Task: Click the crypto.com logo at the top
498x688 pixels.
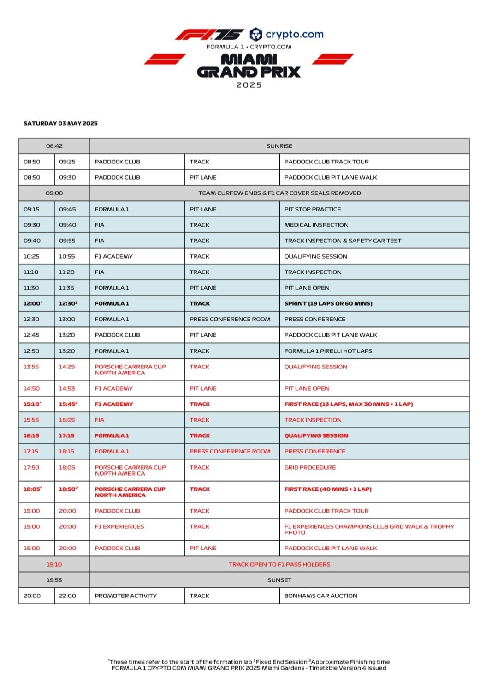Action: [287, 34]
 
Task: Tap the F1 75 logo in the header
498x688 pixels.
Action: [209, 34]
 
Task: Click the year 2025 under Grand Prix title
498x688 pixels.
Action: [249, 85]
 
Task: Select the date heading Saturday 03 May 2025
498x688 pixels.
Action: [60, 123]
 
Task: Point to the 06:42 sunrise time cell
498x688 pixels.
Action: [54, 146]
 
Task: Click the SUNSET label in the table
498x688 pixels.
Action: [279, 580]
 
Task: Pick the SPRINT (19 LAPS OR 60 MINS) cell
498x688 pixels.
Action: [328, 303]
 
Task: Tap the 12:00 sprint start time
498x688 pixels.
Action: [32, 303]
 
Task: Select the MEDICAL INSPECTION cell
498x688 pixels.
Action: [316, 225]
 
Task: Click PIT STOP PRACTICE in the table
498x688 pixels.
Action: [313, 209]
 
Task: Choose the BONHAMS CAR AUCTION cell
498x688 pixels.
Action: [321, 596]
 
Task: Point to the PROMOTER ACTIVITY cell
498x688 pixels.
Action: [125, 596]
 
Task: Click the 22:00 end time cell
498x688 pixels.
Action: [67, 596]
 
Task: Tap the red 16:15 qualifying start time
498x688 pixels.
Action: [31, 435]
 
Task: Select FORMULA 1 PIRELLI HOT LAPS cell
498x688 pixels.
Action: [328, 351]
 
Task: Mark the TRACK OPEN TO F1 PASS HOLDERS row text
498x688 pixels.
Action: [279, 564]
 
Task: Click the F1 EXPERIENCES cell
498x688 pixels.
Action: [119, 526]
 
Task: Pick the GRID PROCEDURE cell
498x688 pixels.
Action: [310, 467]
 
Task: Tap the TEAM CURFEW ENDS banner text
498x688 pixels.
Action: [279, 193]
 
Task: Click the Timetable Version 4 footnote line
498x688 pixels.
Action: [249, 668]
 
